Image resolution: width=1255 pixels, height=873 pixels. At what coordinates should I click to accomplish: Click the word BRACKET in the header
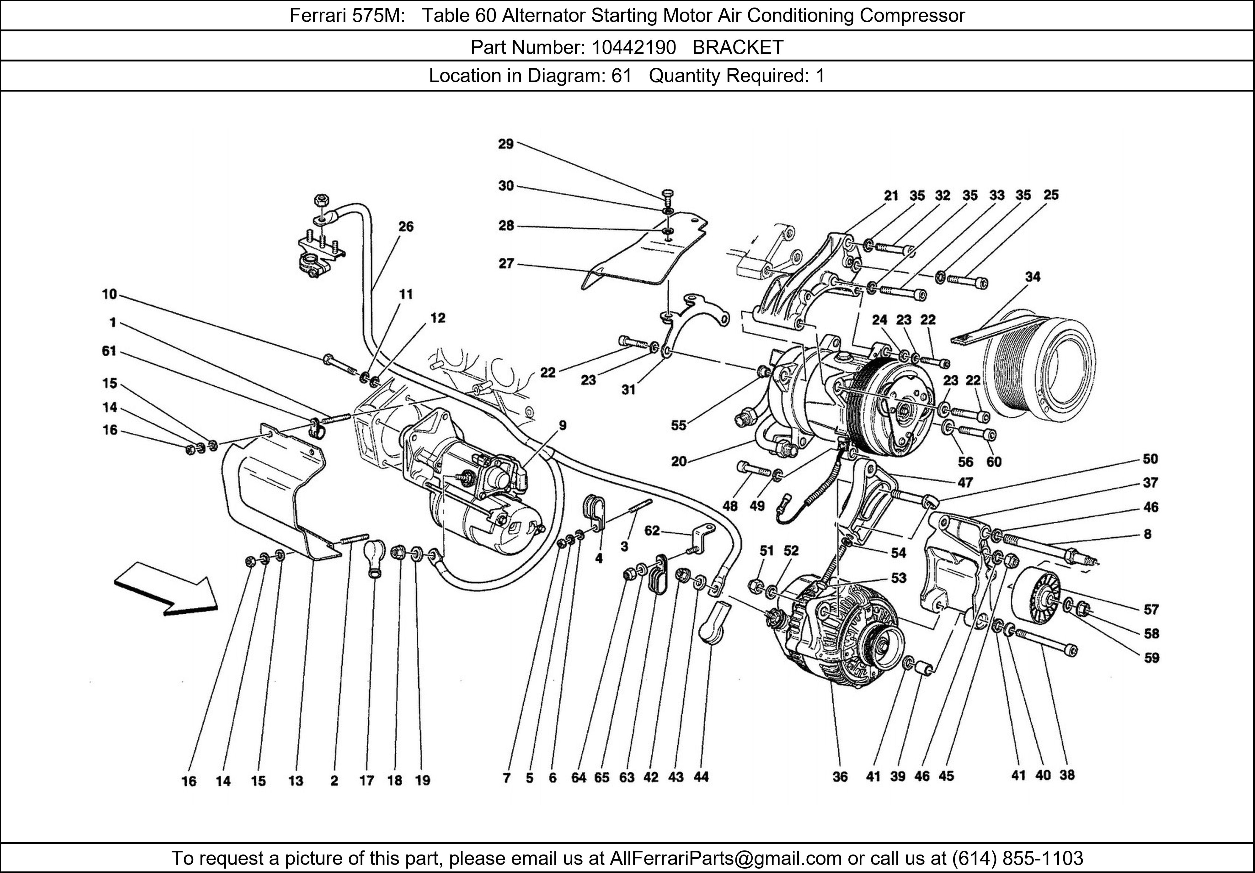tap(738, 48)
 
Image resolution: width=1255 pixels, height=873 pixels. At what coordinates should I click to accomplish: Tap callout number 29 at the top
tap(505, 144)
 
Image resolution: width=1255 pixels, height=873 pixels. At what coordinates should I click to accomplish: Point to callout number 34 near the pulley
tap(1032, 277)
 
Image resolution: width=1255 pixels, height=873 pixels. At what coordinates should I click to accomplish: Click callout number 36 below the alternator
tap(840, 776)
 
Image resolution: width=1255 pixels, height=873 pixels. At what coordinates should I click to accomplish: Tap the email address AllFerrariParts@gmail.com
tap(725, 858)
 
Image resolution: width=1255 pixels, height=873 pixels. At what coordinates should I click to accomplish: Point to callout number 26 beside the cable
tap(406, 226)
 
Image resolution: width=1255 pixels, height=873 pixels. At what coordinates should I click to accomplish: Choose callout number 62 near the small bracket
tap(652, 531)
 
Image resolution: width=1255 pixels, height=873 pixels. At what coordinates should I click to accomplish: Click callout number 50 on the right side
tap(1150, 459)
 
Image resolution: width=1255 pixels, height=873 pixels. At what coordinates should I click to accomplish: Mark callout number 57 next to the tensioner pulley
tap(1151, 609)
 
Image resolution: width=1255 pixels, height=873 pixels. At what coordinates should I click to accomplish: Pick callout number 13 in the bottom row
tap(296, 781)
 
